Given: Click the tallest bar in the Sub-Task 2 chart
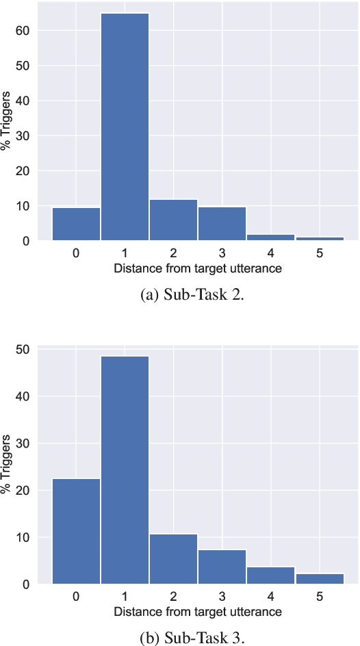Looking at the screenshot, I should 125,127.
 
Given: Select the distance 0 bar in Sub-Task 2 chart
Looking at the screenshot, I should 76,224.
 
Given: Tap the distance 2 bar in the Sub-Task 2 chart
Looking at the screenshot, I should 173,220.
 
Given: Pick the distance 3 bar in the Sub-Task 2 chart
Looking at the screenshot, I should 222,223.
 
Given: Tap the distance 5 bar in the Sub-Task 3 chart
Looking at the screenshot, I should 320,578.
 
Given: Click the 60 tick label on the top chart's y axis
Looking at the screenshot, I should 25,31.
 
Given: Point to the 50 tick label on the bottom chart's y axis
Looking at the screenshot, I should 25,350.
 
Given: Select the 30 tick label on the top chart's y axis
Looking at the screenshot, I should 25,136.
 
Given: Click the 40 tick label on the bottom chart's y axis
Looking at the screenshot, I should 25,396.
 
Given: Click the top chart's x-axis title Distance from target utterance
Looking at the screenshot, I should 198,268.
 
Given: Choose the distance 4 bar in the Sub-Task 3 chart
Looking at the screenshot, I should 271,575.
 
